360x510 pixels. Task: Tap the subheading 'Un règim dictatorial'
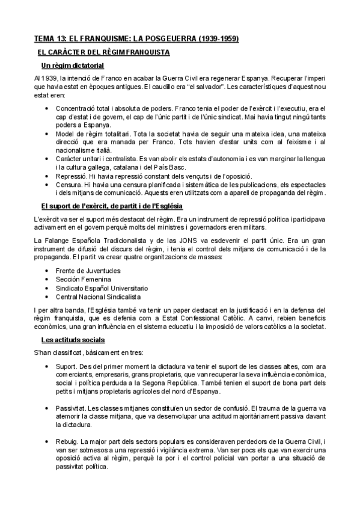[73, 65]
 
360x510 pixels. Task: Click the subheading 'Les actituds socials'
[73, 340]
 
